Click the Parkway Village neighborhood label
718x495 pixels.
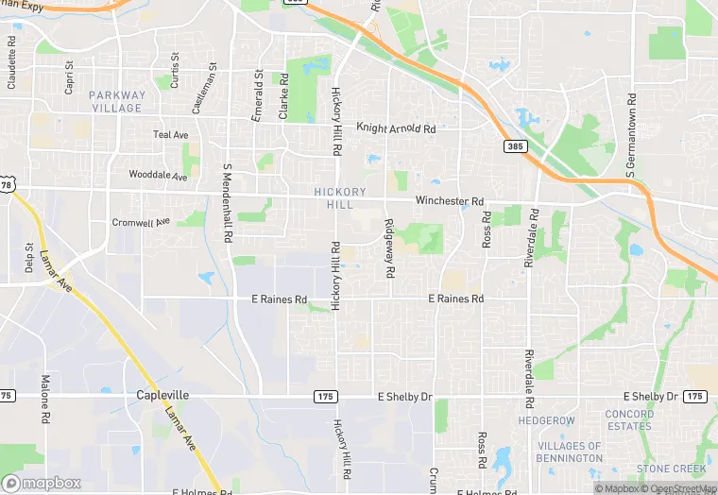tap(118, 101)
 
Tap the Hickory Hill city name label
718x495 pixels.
tap(333, 198)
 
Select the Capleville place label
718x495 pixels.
tap(162, 395)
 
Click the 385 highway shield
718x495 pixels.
tap(515, 147)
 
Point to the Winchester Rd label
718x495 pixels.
tap(450, 201)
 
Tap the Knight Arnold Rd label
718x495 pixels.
tap(396, 128)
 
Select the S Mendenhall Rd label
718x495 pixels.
tap(228, 203)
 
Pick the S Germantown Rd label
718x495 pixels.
tap(630, 136)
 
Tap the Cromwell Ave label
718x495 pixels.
tap(141, 222)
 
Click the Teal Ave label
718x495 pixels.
tap(171, 135)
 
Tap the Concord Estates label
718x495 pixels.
tap(629, 419)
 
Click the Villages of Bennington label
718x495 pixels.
tap(570, 452)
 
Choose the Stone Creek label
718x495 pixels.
tap(671, 469)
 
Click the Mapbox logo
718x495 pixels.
tap(42, 483)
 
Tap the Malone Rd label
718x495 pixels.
tap(44, 398)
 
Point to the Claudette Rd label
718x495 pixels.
tap(12, 62)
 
